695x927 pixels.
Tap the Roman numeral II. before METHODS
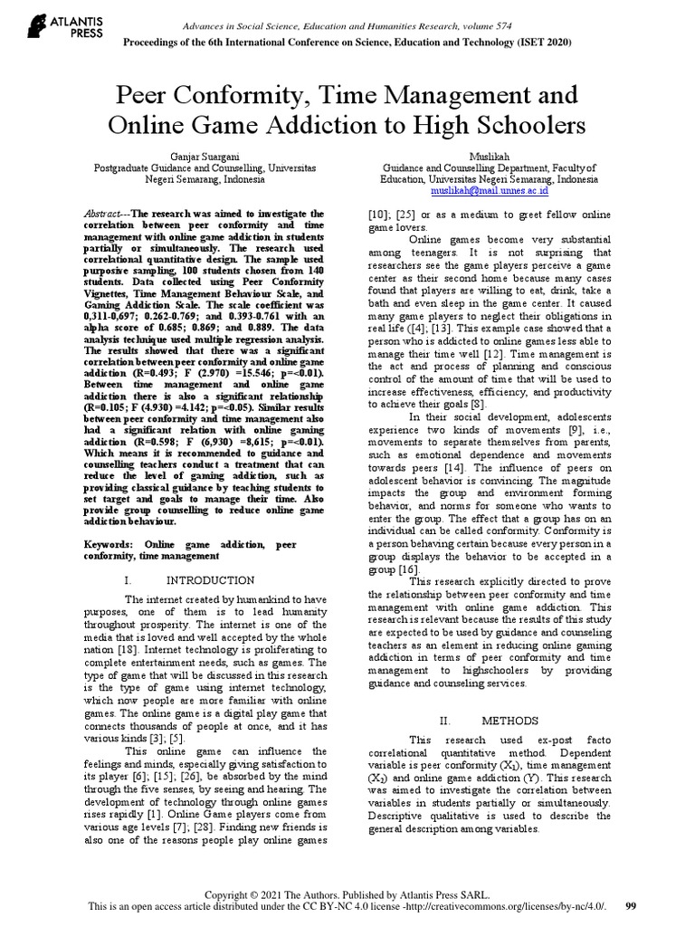tap(444, 722)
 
